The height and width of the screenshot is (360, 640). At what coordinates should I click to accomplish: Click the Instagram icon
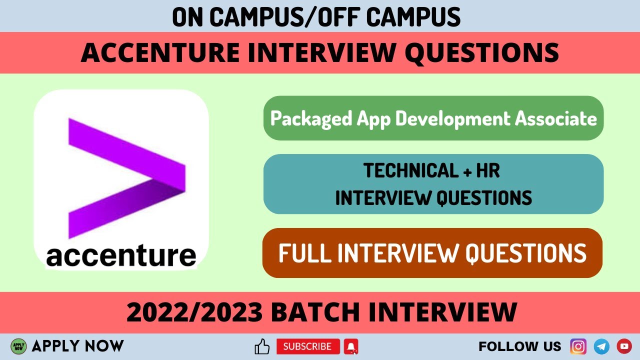[578, 346]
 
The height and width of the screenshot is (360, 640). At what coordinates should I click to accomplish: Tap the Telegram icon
[601, 346]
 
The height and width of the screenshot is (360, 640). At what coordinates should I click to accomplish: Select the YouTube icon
[624, 346]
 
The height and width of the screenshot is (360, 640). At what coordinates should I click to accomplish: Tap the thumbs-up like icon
[262, 346]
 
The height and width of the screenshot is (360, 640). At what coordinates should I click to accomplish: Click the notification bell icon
[351, 346]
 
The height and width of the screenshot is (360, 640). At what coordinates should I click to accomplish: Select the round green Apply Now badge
[18, 346]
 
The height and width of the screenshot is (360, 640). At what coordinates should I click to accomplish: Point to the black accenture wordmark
[121, 256]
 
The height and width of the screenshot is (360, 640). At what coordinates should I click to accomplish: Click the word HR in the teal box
[489, 171]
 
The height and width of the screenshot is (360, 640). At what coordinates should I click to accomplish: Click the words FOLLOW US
[520, 346]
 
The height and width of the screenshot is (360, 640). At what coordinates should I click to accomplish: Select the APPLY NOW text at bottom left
[77, 345]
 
